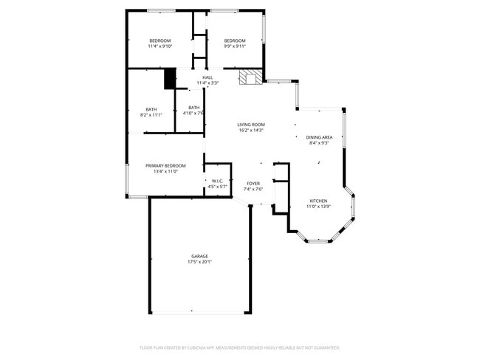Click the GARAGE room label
199,256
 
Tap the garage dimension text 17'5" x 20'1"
199,262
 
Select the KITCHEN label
318,201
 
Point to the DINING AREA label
319,137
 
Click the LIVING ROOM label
250,125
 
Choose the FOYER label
253,183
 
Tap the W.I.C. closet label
218,181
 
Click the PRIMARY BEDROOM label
165,165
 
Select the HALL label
208,77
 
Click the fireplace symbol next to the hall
250,77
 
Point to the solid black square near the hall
170,78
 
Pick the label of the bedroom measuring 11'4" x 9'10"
160,41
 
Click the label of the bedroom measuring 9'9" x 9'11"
235,41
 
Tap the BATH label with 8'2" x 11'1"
151,109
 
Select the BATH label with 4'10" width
193,108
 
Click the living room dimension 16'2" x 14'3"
250,131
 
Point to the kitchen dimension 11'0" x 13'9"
318,207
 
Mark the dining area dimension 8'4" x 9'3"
319,143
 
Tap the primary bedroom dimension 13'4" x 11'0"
165,171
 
